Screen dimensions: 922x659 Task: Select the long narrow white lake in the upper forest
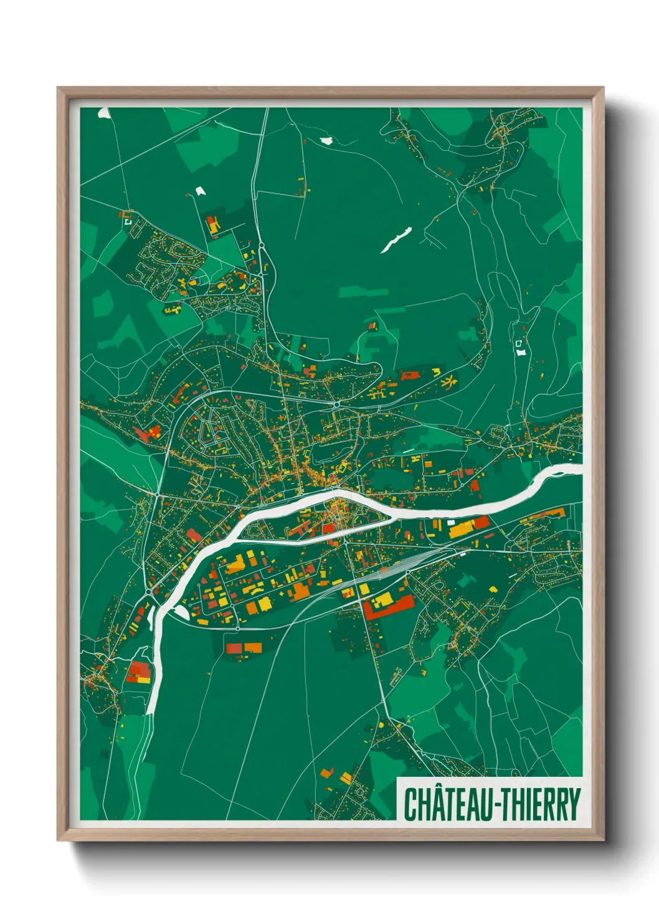coord(396,239)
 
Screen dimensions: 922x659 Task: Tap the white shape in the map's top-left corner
coord(104,113)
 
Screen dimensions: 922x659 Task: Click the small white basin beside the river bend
coord(181,612)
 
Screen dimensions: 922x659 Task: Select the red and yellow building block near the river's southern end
coord(138,673)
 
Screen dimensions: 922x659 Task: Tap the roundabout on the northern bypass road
coord(336,404)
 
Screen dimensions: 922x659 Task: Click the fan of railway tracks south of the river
coord(386,570)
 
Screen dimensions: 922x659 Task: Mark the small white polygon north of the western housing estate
coord(200,191)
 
